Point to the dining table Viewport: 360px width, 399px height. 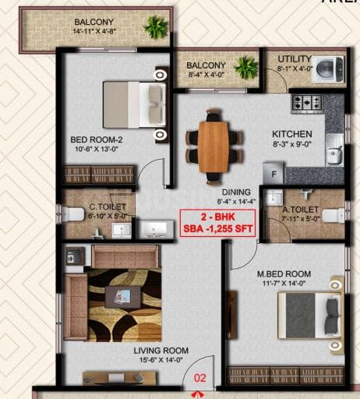[212, 146]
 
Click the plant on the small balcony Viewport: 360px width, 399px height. [247, 65]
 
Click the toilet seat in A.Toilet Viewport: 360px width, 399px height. [333, 214]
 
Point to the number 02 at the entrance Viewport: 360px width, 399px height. [201, 380]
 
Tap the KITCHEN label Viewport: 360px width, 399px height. [291, 134]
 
